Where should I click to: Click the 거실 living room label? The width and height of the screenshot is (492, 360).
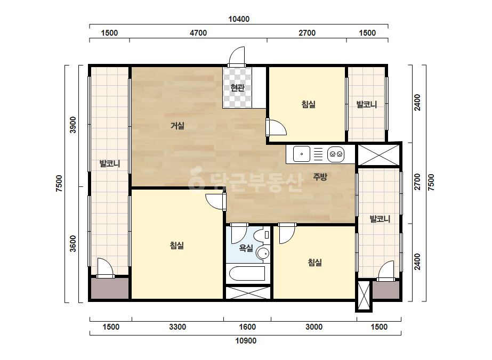(x=178, y=126)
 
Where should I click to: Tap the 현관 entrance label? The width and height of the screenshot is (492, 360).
(x=237, y=87)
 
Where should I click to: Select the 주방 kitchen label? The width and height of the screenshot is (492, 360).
(x=320, y=177)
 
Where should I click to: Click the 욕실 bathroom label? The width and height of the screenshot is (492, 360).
(x=246, y=248)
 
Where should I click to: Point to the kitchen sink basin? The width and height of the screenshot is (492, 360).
(x=302, y=154)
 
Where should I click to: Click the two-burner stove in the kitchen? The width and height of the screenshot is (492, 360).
(x=336, y=154)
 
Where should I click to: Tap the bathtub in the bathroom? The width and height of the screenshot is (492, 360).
(x=247, y=274)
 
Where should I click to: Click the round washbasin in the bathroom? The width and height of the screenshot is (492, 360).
(x=263, y=253)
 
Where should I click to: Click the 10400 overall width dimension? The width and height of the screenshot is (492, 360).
(x=239, y=19)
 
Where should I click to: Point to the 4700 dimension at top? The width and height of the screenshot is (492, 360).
(x=198, y=33)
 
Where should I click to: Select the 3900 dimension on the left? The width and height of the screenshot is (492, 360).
(x=73, y=125)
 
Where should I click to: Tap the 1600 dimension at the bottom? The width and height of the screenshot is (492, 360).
(x=247, y=327)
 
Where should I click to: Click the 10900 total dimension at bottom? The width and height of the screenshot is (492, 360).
(x=246, y=341)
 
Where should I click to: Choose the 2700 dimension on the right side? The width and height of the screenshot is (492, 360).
(x=417, y=182)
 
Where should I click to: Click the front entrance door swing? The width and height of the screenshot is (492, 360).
(x=237, y=56)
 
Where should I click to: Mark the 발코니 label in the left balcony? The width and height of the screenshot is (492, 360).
(x=110, y=163)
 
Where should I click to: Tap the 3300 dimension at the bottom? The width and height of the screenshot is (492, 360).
(x=178, y=327)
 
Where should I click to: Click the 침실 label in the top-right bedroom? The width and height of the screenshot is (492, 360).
(x=309, y=104)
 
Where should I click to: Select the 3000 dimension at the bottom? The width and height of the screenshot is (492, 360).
(x=314, y=327)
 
